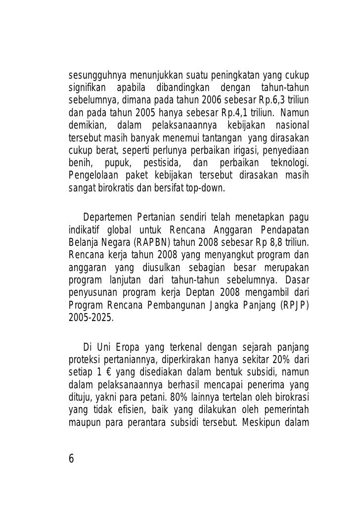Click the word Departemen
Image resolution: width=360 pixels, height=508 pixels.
[107, 218]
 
